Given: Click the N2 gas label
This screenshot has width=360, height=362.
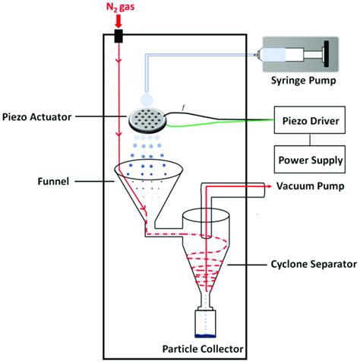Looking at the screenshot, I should click(x=118, y=8).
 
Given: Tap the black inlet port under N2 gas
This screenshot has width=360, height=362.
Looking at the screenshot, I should click(x=119, y=37).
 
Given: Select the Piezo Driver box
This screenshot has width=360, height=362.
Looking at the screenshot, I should click(x=310, y=121).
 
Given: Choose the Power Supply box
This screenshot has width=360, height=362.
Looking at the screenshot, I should click(x=310, y=160).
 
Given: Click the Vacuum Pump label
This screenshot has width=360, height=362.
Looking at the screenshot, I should click(x=310, y=186).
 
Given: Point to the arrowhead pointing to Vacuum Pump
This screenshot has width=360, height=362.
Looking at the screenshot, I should click(x=270, y=186).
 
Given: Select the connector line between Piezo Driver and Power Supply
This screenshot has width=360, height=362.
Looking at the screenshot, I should click(x=310, y=141).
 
